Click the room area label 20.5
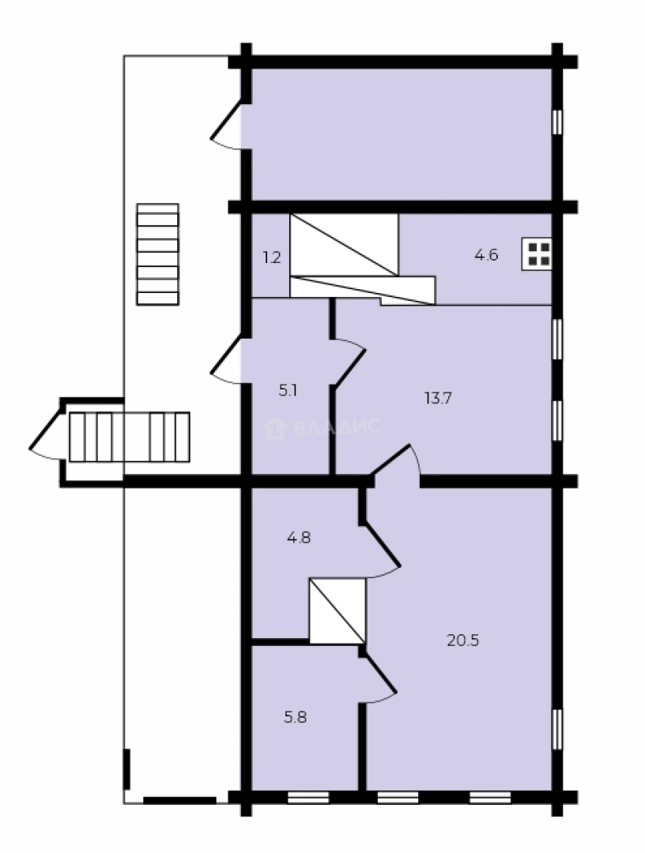(463, 641)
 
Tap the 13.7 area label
(437, 398)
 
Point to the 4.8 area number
(298, 538)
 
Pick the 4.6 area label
(485, 255)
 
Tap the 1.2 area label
(271, 257)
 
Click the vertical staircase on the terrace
(157, 254)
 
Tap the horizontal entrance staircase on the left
(129, 436)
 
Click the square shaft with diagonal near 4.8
(338, 611)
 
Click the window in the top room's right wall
(557, 122)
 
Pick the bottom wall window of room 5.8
(307, 797)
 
